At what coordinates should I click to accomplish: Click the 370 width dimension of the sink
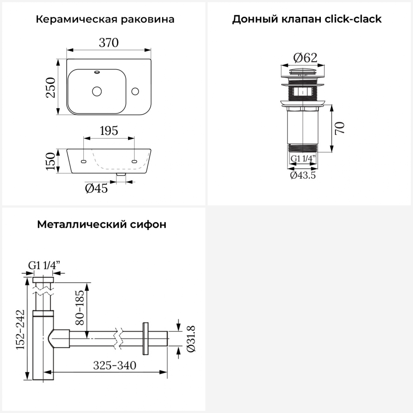[x=109, y=43]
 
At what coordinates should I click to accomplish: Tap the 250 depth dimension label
[x=51, y=88]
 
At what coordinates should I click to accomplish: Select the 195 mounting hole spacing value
[x=109, y=131]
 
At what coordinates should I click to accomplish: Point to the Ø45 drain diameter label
[x=96, y=189]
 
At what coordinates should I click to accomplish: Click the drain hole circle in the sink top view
[x=97, y=91]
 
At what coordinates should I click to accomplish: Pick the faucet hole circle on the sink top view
[x=135, y=91]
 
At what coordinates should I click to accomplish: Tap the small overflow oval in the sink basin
[x=97, y=72]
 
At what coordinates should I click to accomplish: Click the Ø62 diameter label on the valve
[x=305, y=58]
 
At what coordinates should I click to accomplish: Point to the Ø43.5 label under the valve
[x=303, y=175]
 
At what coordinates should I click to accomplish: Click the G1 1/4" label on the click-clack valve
[x=303, y=159]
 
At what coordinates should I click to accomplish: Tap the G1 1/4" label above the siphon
[x=44, y=265]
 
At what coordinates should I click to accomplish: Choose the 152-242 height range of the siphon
[x=20, y=329]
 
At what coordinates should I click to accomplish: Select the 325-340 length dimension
[x=115, y=366]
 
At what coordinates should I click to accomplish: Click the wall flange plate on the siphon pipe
[x=146, y=338]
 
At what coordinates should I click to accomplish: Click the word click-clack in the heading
[x=353, y=19]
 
